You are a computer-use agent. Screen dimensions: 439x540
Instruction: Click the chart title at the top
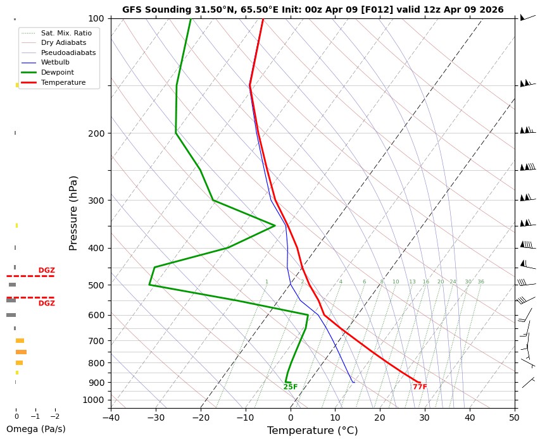[313, 9]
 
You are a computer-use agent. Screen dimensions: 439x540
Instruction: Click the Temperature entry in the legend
[63, 83]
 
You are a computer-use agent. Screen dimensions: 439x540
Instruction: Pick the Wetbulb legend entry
[55, 63]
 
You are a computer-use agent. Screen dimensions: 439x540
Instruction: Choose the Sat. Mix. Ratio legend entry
[66, 32]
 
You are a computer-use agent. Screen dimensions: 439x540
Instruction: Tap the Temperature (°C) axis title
[313, 431]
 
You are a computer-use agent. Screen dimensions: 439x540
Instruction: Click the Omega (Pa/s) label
[35, 429]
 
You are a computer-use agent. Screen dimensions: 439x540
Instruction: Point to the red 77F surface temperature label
[420, 387]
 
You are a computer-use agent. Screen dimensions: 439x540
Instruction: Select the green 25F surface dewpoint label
[291, 387]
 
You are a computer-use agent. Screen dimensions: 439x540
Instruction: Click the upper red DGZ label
[47, 271]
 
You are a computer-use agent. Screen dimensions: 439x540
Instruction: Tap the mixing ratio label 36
[480, 282]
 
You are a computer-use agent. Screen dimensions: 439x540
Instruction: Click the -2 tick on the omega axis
[54, 417]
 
